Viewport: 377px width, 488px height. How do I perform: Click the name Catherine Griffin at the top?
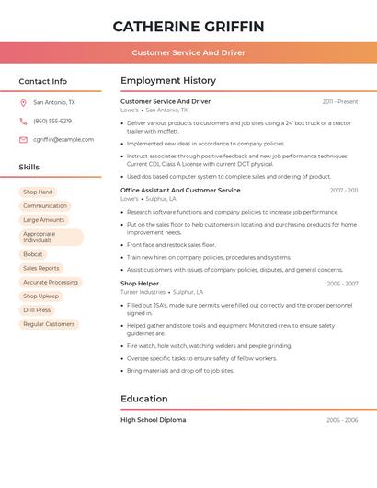(x=188, y=27)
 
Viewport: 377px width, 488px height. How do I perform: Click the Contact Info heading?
(x=43, y=81)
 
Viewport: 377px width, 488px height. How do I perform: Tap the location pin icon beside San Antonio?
(x=23, y=103)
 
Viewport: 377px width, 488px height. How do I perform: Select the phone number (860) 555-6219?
(x=52, y=121)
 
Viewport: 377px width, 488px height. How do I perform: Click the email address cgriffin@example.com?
(x=63, y=139)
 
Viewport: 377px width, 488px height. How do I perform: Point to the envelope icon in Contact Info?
(x=23, y=140)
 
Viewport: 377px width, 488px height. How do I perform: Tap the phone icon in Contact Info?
(x=23, y=122)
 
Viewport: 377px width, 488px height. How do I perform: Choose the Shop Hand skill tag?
(x=38, y=192)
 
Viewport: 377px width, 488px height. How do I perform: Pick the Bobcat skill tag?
(x=33, y=254)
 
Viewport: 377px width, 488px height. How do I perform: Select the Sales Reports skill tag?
(x=41, y=268)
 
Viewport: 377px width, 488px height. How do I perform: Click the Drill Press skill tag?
(x=37, y=310)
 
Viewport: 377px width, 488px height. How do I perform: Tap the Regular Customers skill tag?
(x=49, y=324)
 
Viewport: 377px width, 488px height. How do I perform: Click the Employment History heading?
(x=168, y=81)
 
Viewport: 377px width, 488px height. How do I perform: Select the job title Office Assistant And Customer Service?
(x=180, y=190)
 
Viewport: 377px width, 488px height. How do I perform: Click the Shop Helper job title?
(x=141, y=284)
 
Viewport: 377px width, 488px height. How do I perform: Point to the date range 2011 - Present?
(x=340, y=101)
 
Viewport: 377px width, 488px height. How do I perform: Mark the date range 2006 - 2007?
(x=342, y=284)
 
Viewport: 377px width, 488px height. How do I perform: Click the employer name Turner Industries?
(x=143, y=292)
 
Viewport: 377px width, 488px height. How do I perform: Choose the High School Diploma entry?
(x=153, y=420)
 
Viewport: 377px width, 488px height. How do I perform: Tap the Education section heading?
(x=144, y=399)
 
